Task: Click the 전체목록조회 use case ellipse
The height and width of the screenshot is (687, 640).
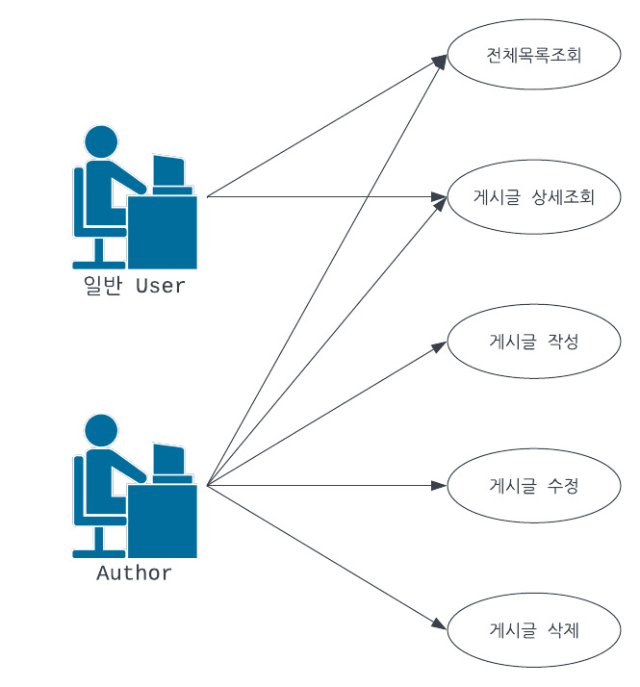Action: coord(532,54)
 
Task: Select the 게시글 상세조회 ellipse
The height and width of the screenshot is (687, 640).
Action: coord(532,197)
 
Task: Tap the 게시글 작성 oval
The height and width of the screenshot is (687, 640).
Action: coord(532,341)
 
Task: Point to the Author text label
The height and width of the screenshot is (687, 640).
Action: coord(135,573)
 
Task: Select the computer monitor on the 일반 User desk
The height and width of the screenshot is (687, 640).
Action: coord(169,173)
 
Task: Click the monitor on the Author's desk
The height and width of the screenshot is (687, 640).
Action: coord(169,461)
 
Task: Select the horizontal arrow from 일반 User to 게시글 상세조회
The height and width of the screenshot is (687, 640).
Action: coord(318,197)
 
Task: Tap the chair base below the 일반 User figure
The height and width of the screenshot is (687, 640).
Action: coord(98,262)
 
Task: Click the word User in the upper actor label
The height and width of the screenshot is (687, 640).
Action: coord(160,286)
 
